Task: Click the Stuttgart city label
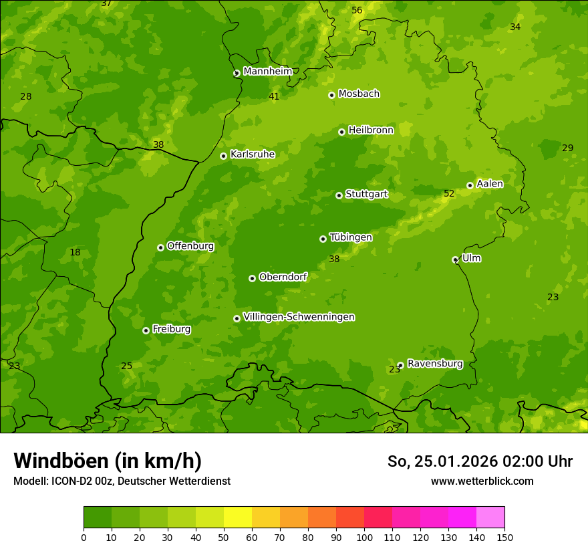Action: pos(366,194)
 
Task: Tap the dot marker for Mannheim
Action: pos(237,74)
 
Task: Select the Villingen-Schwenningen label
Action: pos(299,317)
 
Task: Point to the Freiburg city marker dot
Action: pos(146,330)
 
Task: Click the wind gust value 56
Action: pos(357,10)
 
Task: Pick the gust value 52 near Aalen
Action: pos(449,194)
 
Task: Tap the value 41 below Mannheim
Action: pos(274,97)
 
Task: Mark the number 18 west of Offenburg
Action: pos(75,253)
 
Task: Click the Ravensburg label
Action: pos(435,364)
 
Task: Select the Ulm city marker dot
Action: pos(456,259)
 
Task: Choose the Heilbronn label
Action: pos(371,130)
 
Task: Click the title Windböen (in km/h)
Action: pos(108,461)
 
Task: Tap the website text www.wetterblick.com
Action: pos(482,481)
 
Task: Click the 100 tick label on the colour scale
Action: pos(364,536)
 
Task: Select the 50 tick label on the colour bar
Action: pos(224,536)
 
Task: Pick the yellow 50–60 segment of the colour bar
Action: pos(238,518)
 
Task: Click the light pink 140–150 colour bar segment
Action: pos(490,518)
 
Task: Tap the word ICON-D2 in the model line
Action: pos(71,481)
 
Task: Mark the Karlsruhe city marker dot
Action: pos(223,156)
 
